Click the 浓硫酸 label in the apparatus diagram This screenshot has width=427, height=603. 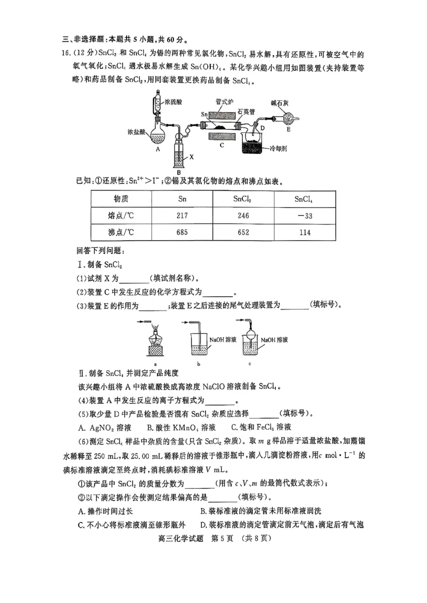175,100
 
